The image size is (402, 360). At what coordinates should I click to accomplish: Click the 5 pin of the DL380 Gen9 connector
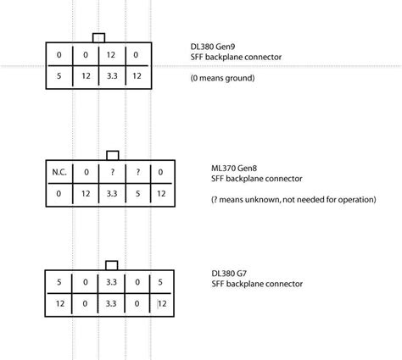pyautogui.click(x=59, y=76)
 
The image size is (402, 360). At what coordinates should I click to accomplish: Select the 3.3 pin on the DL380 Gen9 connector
pyautogui.click(x=112, y=76)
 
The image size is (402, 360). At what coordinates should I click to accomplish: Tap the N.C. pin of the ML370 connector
pyautogui.click(x=59, y=172)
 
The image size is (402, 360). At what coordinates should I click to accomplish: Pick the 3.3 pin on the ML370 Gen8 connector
pyautogui.click(x=112, y=194)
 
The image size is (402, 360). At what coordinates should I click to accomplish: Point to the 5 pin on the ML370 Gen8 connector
pyautogui.click(x=137, y=194)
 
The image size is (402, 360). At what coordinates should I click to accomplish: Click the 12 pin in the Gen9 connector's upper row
pyautogui.click(x=111, y=55)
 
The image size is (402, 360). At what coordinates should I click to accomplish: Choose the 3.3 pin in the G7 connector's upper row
pyautogui.click(x=111, y=282)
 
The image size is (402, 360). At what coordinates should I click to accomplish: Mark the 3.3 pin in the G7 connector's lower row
pyautogui.click(x=111, y=303)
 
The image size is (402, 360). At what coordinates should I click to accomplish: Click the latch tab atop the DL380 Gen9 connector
pyautogui.click(x=98, y=38)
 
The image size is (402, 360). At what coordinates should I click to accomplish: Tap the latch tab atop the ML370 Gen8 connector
pyautogui.click(x=113, y=156)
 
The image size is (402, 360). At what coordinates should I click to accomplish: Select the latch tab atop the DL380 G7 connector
pyautogui.click(x=112, y=266)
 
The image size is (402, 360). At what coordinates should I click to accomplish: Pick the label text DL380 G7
pyautogui.click(x=229, y=274)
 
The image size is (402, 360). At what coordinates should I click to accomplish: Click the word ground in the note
pyautogui.click(x=241, y=78)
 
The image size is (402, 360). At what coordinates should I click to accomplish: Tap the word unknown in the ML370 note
pyautogui.click(x=264, y=200)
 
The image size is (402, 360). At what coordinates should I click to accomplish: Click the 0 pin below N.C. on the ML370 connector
pyautogui.click(x=59, y=194)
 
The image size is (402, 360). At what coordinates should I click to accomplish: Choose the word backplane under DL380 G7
pyautogui.click(x=246, y=284)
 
